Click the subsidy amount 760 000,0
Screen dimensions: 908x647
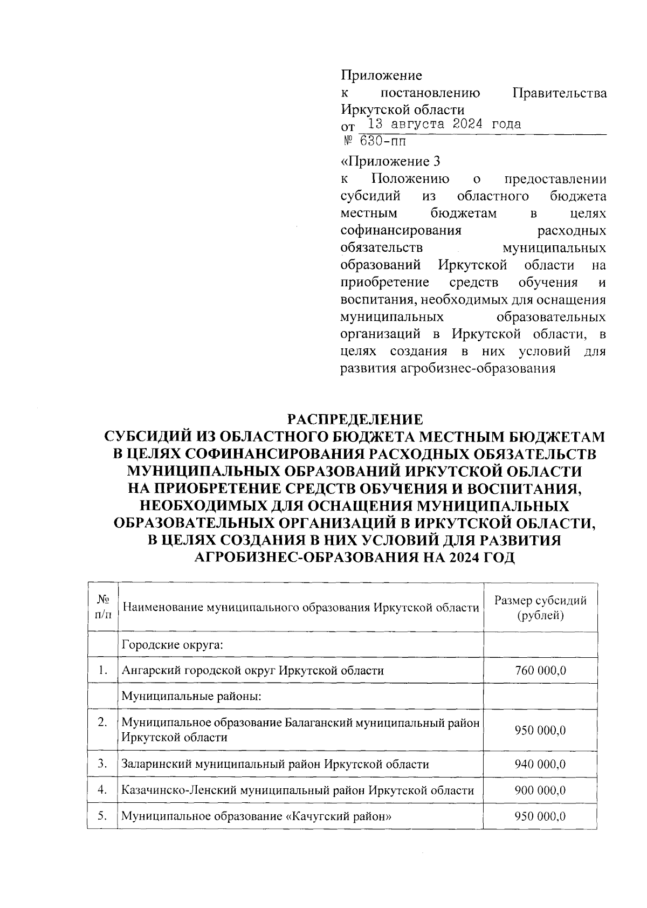(540, 671)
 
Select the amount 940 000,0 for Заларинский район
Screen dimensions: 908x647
(540, 764)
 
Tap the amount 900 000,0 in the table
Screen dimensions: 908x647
(540, 790)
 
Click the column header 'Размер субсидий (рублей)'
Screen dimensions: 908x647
(540, 608)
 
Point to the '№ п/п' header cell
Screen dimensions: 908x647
(102, 608)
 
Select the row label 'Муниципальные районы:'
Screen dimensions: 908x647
(191, 697)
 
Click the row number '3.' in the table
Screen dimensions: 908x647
(102, 763)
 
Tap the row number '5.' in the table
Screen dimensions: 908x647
(102, 816)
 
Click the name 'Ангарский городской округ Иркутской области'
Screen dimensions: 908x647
(253, 671)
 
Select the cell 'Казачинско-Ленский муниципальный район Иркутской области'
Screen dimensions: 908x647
(298, 790)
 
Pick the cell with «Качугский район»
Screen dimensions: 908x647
(256, 816)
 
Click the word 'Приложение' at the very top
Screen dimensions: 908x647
(381, 75)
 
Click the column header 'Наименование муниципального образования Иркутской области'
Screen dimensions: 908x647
(300, 608)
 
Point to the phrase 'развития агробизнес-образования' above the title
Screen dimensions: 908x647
(448, 369)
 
